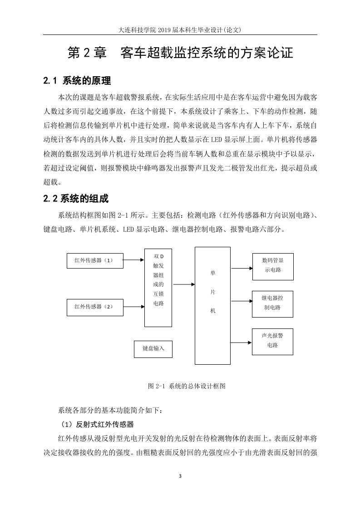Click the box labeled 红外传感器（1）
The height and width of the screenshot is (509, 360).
click(x=95, y=260)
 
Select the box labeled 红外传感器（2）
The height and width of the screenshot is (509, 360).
click(x=95, y=308)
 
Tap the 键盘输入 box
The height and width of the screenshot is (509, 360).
click(x=153, y=349)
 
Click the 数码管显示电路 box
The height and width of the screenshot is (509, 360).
click(x=273, y=266)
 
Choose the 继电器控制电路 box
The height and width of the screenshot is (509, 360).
click(x=272, y=304)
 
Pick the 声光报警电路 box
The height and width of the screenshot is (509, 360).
click(x=272, y=342)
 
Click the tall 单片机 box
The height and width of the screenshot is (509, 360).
click(x=212, y=305)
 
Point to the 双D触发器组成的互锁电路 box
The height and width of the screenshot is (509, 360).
click(x=158, y=288)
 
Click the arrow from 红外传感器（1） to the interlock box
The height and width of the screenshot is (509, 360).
click(x=133, y=260)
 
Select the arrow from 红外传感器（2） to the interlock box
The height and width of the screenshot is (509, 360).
click(x=133, y=306)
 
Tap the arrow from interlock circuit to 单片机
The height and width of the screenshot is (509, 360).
click(x=183, y=284)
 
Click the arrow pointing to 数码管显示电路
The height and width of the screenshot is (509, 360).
click(x=242, y=269)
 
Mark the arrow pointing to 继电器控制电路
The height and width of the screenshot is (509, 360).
click(x=242, y=301)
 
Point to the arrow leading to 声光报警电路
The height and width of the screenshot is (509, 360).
click(x=242, y=343)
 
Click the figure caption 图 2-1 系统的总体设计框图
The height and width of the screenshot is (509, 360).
click(x=187, y=386)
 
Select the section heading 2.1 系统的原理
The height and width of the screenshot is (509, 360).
click(x=77, y=80)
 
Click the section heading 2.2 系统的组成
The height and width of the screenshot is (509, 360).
click(x=76, y=198)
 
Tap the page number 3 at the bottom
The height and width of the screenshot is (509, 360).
click(x=180, y=476)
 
